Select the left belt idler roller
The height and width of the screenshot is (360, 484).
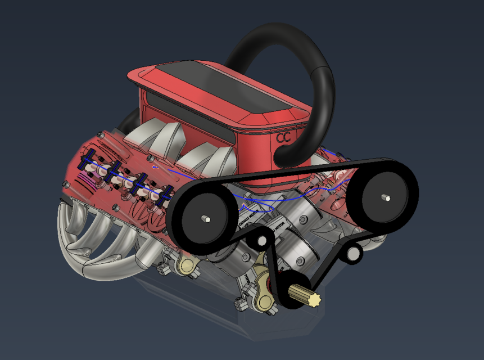[x=259, y=241]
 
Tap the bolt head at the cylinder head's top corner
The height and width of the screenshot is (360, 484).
[x=99, y=134]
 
